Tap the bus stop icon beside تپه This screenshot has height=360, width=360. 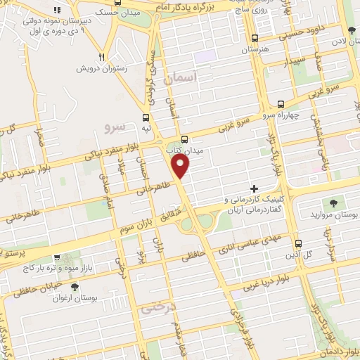[x=146, y=117]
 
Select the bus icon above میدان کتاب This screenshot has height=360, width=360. [x=184, y=139]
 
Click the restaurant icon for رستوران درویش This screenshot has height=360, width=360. [x=102, y=57]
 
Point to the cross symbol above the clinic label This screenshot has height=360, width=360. [x=255, y=188]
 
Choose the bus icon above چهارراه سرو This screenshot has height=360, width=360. [x=281, y=103]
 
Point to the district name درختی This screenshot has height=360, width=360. [x=156, y=307]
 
